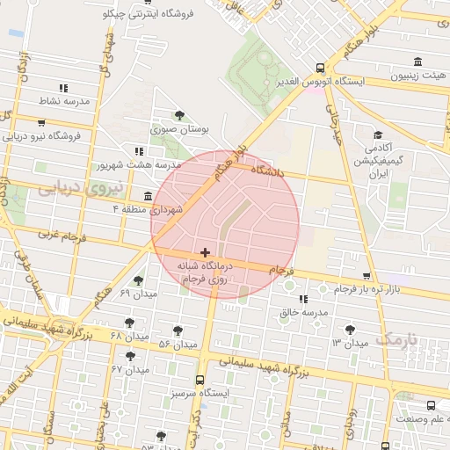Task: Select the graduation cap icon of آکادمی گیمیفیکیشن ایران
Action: click(378, 135)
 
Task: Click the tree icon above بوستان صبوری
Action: click(179, 115)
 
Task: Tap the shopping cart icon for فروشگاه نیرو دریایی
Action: click(40, 123)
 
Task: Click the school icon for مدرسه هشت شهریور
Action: click(138, 151)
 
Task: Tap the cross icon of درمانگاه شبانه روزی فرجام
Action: click(205, 252)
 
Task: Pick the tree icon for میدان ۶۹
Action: click(138, 280)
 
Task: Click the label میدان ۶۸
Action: click(130, 337)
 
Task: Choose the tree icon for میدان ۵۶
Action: click(178, 330)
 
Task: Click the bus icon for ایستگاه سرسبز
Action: click(200, 381)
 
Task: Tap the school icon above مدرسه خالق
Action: click(303, 300)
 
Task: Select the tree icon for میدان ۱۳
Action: click(350, 330)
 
